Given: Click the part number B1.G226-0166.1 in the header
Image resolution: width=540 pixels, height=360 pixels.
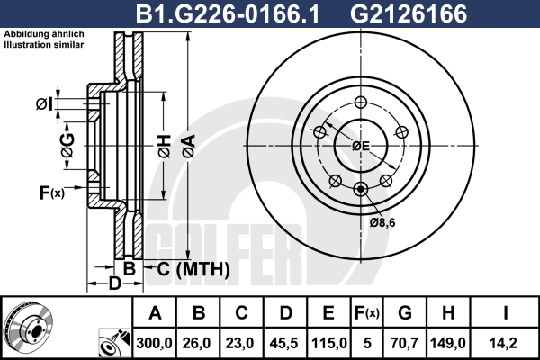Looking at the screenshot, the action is pos(228,14).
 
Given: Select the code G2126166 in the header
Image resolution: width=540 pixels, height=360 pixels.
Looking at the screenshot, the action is pos(409,14).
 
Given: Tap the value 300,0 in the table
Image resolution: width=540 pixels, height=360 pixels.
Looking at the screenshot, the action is pos(154,343).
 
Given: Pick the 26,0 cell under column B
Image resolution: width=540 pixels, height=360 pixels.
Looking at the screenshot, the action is pos(196,343).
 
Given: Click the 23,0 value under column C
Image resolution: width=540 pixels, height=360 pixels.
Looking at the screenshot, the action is pos(239,343).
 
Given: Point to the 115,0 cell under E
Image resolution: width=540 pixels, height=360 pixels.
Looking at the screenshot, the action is pos(328,343).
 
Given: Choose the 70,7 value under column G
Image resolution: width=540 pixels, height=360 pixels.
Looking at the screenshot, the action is pos(405,343).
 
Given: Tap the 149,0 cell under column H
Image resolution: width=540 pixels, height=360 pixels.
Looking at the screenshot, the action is pos(447,343).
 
